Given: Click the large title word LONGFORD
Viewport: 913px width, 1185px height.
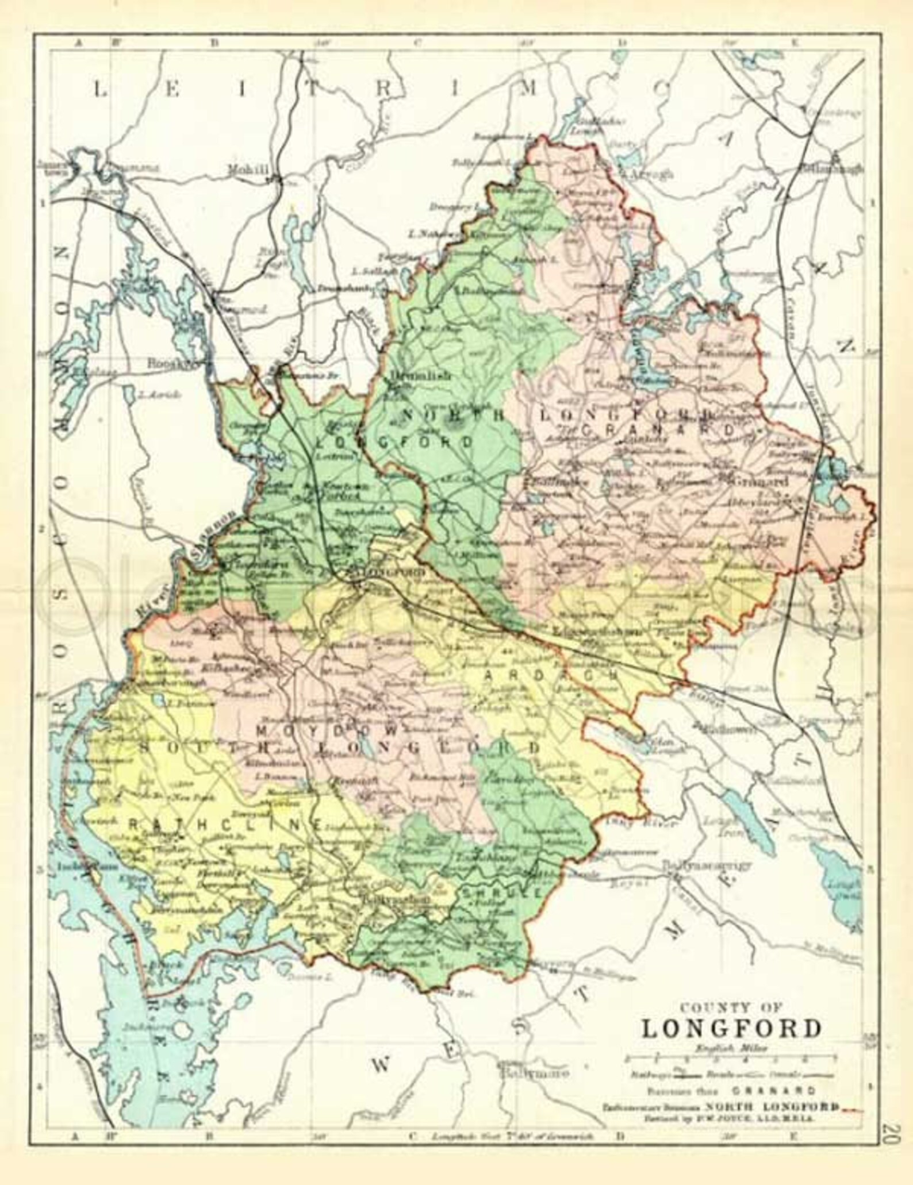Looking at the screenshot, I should pyautogui.click(x=731, y=1028).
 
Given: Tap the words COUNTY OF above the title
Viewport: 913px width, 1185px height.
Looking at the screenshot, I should pyautogui.click(x=731, y=1007).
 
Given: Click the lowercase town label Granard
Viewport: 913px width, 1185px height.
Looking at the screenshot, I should pyautogui.click(x=760, y=482).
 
